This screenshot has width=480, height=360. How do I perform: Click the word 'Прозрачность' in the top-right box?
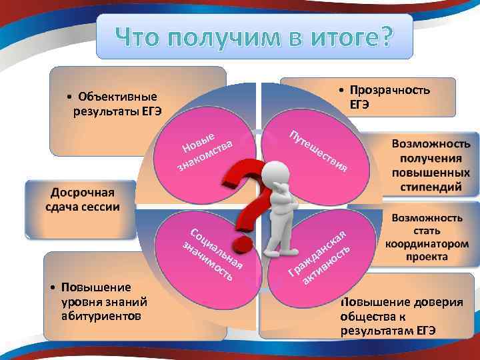pyautogui.click(x=390, y=91)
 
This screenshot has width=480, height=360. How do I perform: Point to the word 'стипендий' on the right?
pyautogui.click(x=431, y=187)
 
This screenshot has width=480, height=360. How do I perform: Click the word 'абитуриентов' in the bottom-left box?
pyautogui.click(x=100, y=315)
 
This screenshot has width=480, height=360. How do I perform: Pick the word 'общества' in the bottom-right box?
pyautogui.click(x=367, y=316)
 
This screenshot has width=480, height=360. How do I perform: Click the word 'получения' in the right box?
pyautogui.click(x=431, y=159)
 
